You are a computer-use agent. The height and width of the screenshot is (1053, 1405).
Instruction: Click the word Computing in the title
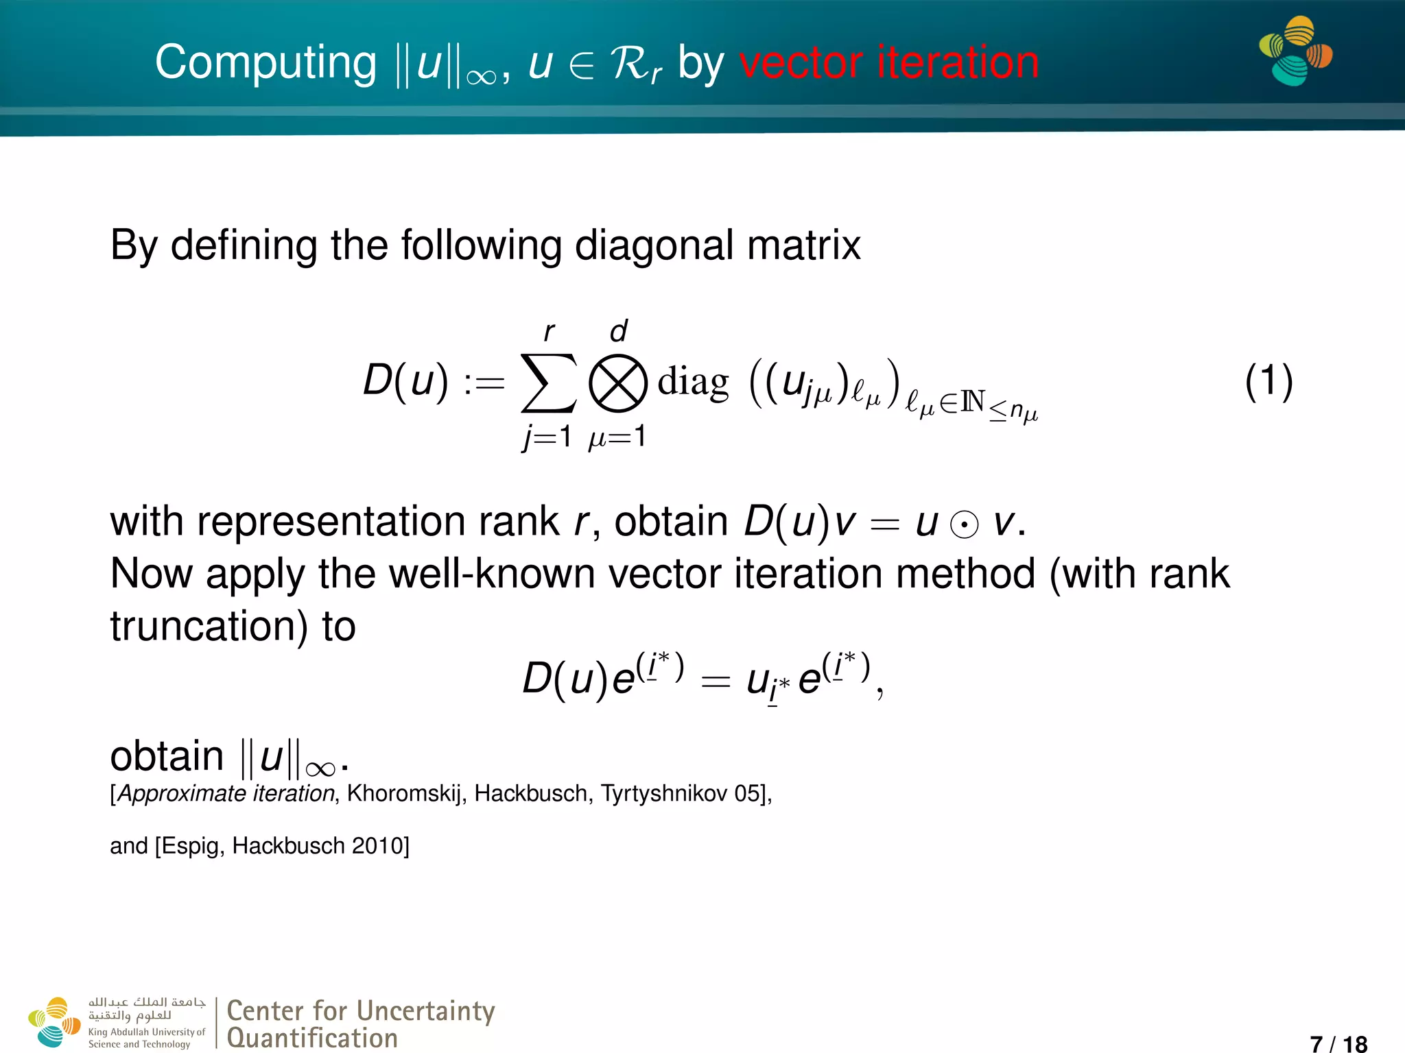[x=265, y=63]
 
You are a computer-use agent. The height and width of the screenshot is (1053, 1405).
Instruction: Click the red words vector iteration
[x=888, y=63]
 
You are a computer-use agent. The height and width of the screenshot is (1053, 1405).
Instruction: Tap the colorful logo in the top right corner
[x=1295, y=51]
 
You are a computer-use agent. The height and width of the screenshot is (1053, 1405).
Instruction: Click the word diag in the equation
[x=693, y=383]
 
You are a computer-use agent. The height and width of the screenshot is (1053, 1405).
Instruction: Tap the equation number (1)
[x=1268, y=381]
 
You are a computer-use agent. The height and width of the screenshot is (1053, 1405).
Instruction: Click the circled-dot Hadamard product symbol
[x=964, y=525]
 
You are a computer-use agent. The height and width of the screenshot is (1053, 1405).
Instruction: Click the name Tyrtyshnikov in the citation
[x=663, y=793]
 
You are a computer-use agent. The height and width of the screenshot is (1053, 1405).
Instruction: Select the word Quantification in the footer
[x=312, y=1038]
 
